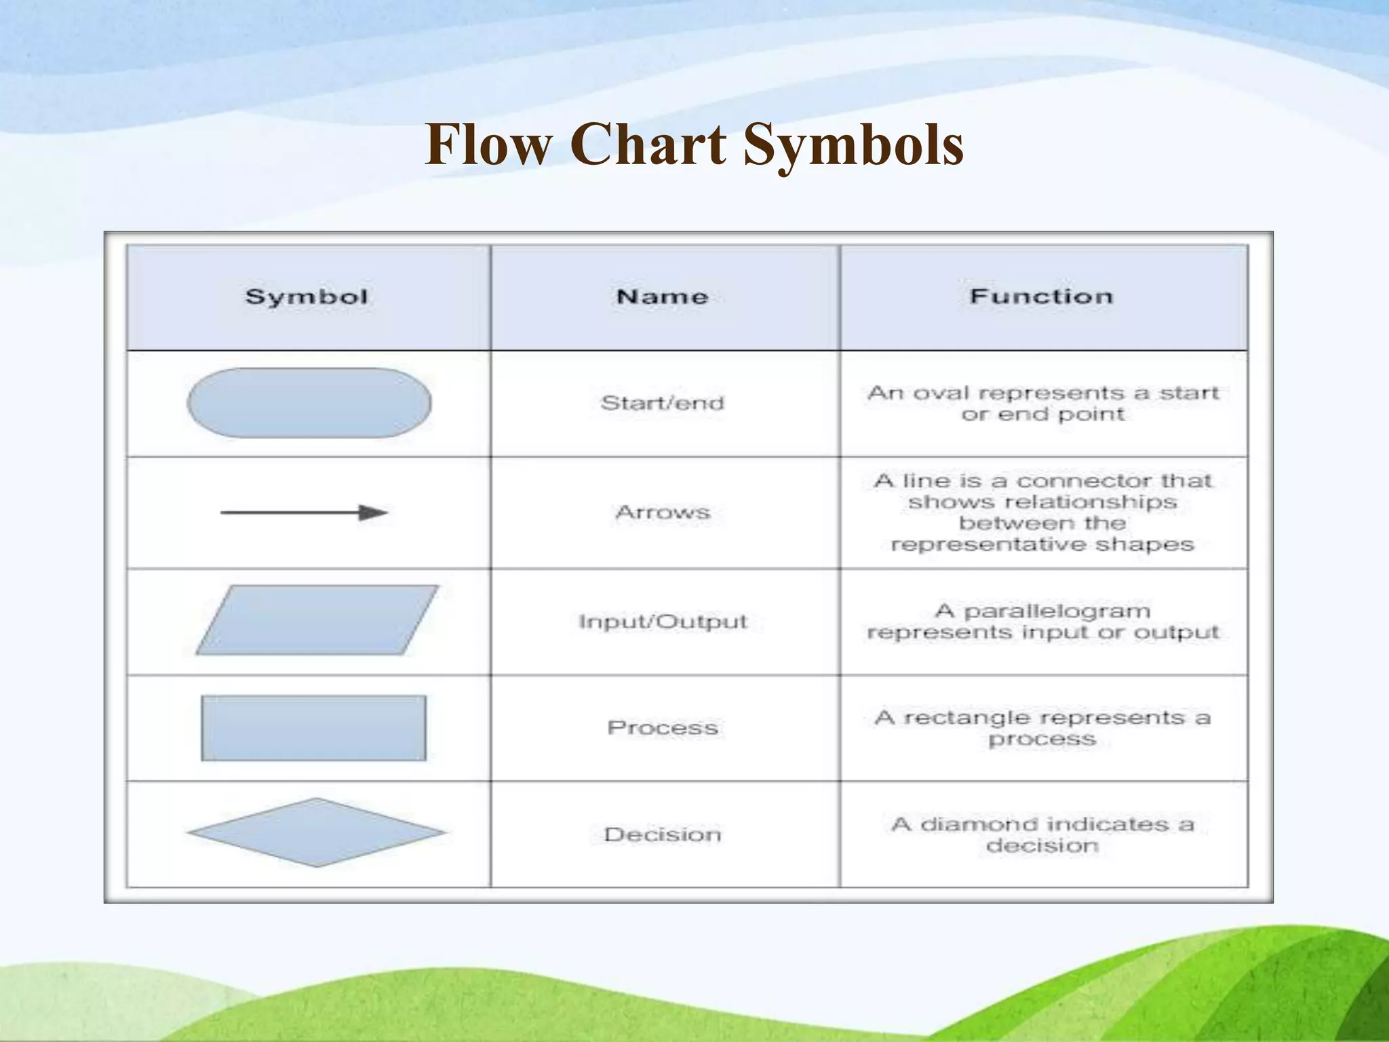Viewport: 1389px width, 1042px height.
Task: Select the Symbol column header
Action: tap(307, 297)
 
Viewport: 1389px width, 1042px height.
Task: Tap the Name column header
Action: tap(663, 296)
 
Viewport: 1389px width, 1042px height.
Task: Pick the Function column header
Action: tap(1042, 296)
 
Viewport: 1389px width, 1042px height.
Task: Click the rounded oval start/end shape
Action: tap(309, 403)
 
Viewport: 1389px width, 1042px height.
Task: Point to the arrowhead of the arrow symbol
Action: tap(373, 512)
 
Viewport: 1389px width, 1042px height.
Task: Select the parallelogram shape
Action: tap(317, 620)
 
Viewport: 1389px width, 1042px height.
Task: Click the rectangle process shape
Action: tap(313, 728)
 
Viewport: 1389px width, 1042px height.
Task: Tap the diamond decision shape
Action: tap(316, 832)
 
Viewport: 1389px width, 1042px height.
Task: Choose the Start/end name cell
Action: tap(663, 403)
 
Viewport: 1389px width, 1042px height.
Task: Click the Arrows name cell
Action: tap(663, 512)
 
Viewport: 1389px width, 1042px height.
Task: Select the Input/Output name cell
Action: tap(663, 621)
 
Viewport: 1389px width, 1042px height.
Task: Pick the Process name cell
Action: tap(663, 728)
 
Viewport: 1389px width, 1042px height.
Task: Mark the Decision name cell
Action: tap(663, 834)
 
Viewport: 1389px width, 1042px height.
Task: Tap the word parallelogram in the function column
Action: tap(1057, 612)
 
